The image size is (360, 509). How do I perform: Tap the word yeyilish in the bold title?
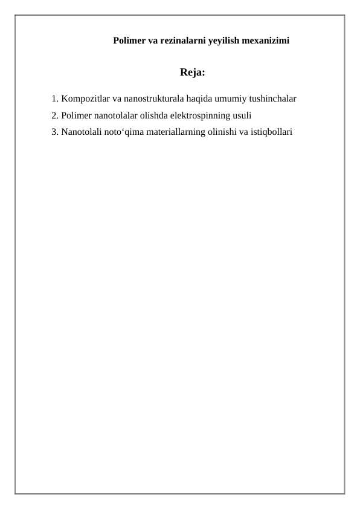pos(223,41)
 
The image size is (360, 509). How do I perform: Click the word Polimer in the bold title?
pos(129,41)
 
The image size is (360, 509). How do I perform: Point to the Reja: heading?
pos(193,73)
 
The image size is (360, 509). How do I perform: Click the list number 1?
pos(54,98)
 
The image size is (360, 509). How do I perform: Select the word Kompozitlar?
pos(85,98)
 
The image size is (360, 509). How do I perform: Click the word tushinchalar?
pos(271,98)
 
